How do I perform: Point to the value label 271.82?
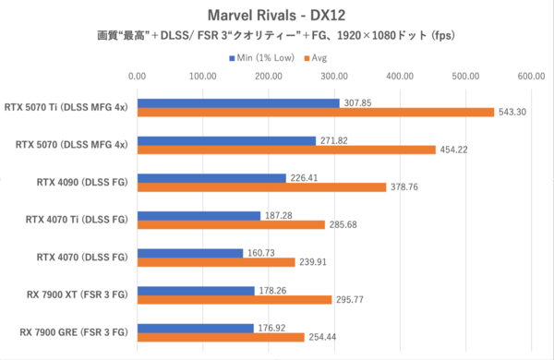(336, 140)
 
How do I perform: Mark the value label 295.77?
(352, 299)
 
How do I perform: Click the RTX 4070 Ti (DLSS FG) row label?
(79, 219)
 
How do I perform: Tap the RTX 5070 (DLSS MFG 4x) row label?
(70, 144)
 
